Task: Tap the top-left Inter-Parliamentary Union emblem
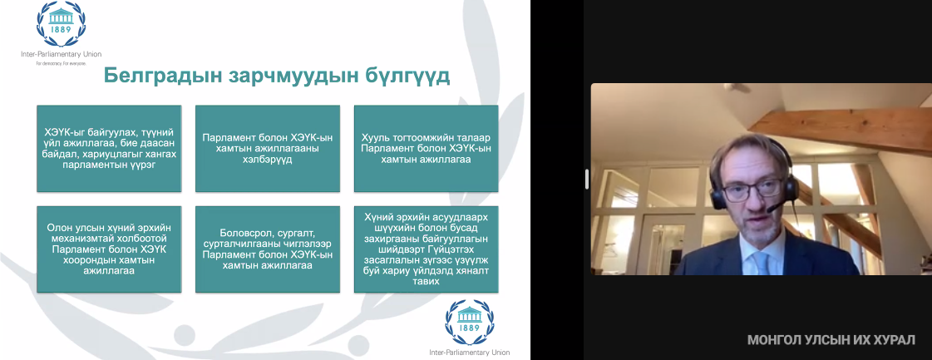click(62, 24)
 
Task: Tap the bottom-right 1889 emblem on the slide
click(470, 323)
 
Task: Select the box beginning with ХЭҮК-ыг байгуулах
click(109, 149)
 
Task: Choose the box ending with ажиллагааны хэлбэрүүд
click(268, 149)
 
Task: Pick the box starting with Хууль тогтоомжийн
click(427, 149)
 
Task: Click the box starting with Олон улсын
click(109, 249)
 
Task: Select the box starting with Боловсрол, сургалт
click(268, 249)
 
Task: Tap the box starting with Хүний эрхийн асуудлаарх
click(427, 249)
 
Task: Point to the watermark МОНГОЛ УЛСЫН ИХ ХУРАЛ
click(831, 340)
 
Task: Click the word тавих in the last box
click(427, 282)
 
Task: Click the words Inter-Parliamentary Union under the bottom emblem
click(470, 353)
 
